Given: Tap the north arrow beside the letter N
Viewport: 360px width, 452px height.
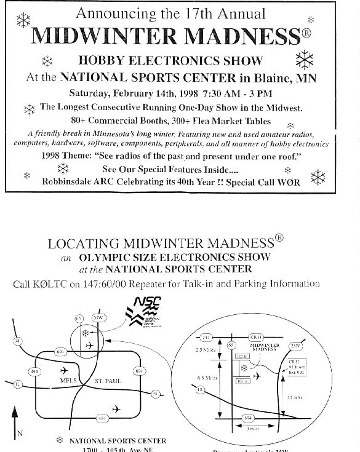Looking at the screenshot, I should pyautogui.click(x=13, y=424).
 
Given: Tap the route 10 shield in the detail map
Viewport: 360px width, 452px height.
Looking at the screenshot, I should pyautogui.click(x=200, y=389).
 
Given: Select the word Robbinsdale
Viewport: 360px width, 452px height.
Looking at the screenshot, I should pyautogui.click(x=69, y=181).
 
